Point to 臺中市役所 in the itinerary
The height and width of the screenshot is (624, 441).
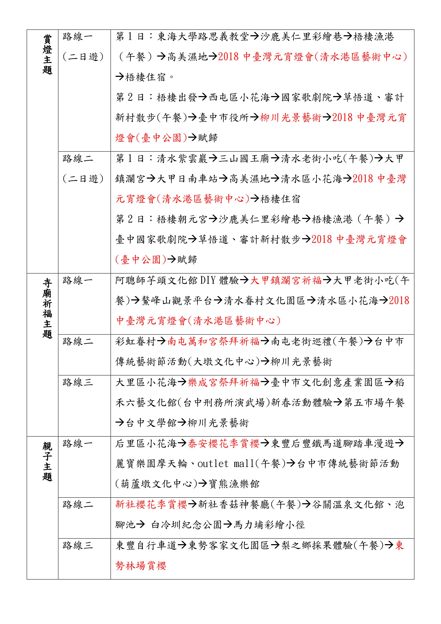[223, 118]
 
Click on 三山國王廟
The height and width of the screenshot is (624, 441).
[244, 158]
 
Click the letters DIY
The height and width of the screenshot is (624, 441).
[208, 280]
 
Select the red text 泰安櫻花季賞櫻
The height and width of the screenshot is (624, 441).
[224, 443]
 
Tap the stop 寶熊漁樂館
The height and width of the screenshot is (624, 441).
[234, 484]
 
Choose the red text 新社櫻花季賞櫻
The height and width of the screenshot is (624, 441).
[151, 505]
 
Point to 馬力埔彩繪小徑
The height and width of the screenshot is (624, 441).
[269, 525]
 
